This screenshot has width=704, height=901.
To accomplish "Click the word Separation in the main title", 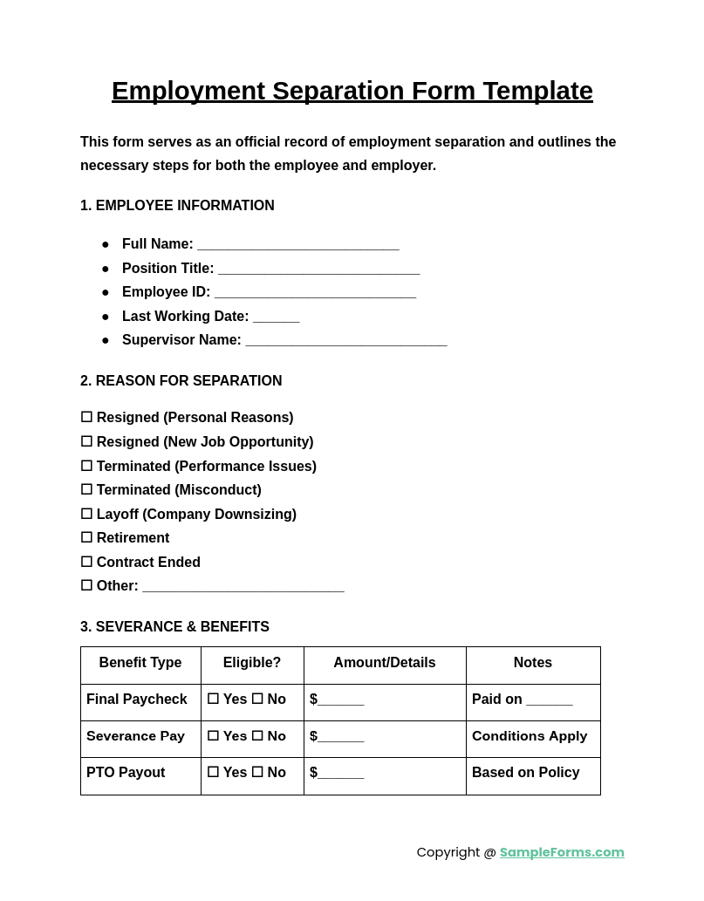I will pyautogui.click(x=338, y=91).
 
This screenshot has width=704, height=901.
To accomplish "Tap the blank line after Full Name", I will pyautogui.click(x=297, y=245).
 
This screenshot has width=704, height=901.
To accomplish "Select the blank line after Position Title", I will pyautogui.click(x=318, y=270).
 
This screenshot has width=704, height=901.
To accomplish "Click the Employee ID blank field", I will pyautogui.click(x=315, y=293).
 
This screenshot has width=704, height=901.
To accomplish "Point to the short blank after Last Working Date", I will pyautogui.click(x=276, y=317).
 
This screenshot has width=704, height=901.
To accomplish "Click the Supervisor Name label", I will pyautogui.click(x=181, y=340).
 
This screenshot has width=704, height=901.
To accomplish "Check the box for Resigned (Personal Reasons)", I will pyautogui.click(x=86, y=418).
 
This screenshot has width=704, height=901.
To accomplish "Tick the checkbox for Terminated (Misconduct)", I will pyautogui.click(x=86, y=490).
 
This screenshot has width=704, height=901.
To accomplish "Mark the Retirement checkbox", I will pyautogui.click(x=86, y=538).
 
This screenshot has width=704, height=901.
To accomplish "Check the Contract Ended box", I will pyautogui.click(x=86, y=563).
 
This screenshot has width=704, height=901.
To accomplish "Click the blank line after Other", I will pyautogui.click(x=243, y=587).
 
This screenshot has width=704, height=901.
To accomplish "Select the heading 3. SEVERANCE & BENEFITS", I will pyautogui.click(x=174, y=627).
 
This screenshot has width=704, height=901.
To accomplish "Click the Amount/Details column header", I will pyautogui.click(x=384, y=663).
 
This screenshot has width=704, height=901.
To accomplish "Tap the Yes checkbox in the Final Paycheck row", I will pyautogui.click(x=213, y=700).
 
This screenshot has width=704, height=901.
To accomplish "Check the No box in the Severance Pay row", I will pyautogui.click(x=257, y=736).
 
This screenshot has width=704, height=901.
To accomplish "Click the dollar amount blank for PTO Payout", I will pyautogui.click(x=340, y=774).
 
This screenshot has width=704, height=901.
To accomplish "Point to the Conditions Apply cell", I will pyautogui.click(x=529, y=736).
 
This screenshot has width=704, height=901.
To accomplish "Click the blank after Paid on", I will pyautogui.click(x=549, y=701).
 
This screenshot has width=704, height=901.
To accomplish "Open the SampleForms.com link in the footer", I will pyautogui.click(x=562, y=852).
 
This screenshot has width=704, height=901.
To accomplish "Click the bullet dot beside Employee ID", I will pyautogui.click(x=106, y=293).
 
